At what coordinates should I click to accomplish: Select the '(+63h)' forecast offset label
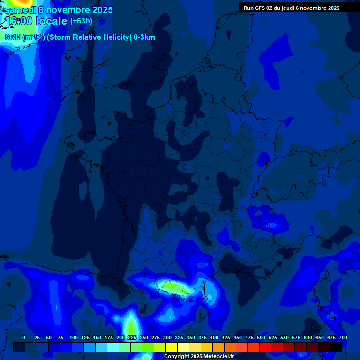81,21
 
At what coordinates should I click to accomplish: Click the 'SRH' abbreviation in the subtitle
13,37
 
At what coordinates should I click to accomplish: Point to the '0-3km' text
144,37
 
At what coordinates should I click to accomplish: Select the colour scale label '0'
24,337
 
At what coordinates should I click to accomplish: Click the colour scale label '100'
74,337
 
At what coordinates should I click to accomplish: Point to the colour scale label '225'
132,337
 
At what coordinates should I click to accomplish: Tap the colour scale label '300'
167,337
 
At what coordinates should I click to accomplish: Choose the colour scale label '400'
214,337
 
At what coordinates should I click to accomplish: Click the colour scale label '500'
261,337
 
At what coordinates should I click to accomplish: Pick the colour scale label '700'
343,337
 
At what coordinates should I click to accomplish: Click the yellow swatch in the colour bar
172,347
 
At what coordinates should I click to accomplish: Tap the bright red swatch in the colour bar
265,347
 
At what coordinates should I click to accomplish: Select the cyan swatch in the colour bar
113,347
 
